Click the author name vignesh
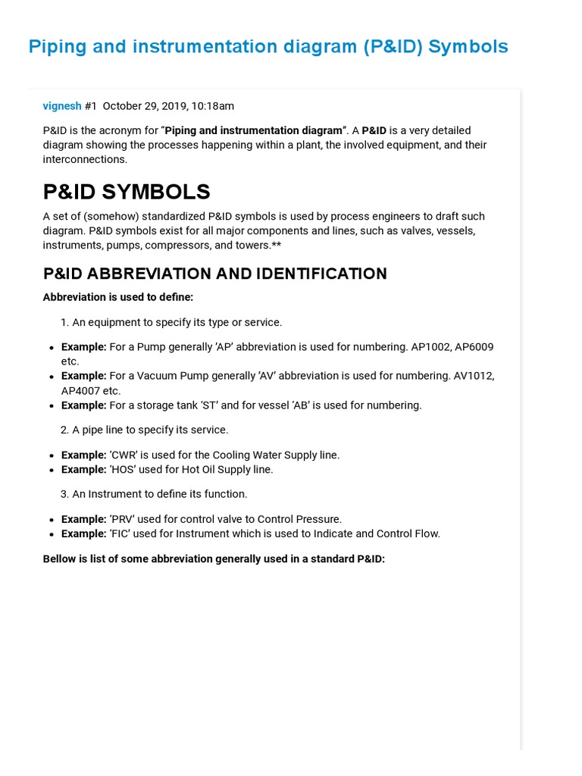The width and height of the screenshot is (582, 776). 62,106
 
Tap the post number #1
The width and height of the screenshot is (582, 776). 91,106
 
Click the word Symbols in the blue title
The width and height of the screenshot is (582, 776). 468,47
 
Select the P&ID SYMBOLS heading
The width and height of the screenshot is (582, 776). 127,192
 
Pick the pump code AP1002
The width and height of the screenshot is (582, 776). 430,347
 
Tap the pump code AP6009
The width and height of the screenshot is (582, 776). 474,347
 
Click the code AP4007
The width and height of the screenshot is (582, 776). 80,391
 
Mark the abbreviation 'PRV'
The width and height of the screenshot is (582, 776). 125,520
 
